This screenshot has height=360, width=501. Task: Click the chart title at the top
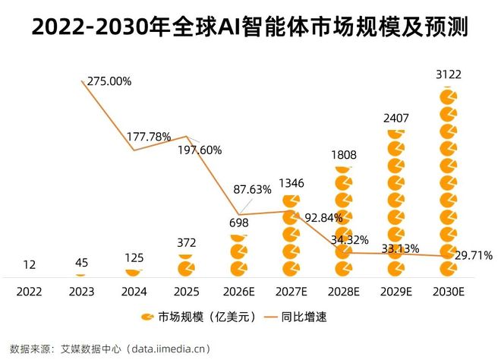[250, 28]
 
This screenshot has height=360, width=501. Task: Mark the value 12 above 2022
[30, 264]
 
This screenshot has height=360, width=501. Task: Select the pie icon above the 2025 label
[186, 267]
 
